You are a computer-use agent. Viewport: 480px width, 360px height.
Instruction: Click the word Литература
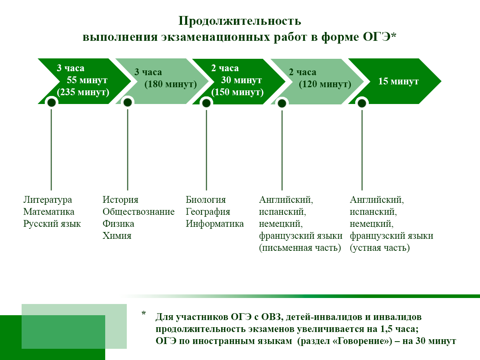pos(48,200)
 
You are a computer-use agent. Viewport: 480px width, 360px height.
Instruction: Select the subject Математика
pos(49,212)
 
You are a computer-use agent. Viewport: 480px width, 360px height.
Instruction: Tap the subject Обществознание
pos(138,212)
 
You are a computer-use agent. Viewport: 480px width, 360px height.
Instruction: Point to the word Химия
pos(117,236)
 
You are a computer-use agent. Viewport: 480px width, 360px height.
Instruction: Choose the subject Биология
pos(206,200)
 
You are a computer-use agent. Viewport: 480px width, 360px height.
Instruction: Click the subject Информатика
pos(214,224)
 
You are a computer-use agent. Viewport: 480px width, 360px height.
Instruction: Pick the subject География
pos(208,212)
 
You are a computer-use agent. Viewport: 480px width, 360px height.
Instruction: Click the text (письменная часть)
pos(300,248)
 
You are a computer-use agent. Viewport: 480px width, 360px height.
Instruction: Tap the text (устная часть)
pos(380,248)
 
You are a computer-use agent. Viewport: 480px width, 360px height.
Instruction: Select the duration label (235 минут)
pos(83,92)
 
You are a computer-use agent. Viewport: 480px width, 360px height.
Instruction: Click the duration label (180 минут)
pos(171,84)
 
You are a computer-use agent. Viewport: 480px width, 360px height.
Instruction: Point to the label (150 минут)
pos(238,92)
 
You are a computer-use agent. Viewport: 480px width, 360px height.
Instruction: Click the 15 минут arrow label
pos(398,82)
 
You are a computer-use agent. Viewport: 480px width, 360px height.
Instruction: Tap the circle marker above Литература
pos(51,103)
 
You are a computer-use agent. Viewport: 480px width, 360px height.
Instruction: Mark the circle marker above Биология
pos(206,103)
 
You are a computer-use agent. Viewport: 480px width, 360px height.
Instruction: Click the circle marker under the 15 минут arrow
pos(362,103)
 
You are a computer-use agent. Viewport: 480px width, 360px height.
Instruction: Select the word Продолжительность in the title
pos(240,21)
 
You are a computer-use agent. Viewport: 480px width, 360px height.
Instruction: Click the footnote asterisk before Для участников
pos(144,314)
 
